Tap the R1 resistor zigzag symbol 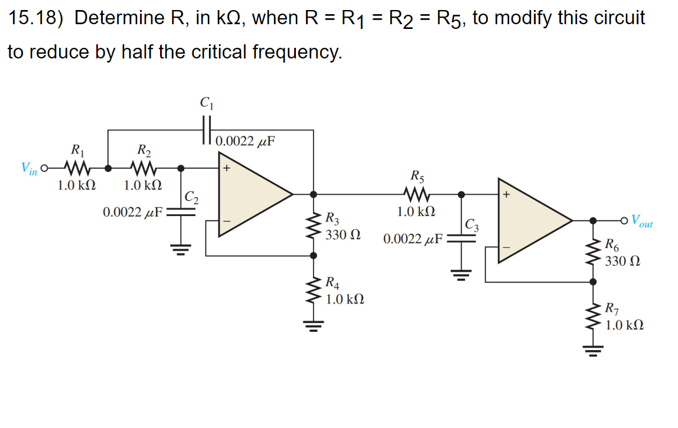pos(77,168)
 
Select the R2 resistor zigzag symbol pos(144,168)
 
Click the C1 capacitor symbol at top pos(206,126)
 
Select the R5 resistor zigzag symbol pos(418,194)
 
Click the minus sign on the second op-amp pos(506,248)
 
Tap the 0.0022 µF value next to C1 pos(246,142)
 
